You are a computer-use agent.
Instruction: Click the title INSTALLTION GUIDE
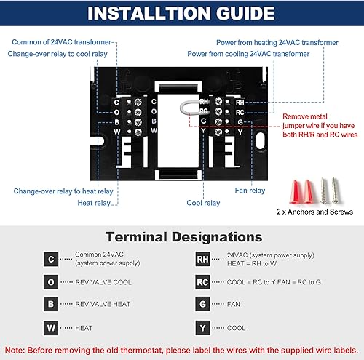(x=182, y=14)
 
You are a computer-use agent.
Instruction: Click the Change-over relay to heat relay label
(x=64, y=191)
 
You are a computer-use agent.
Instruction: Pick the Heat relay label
(x=95, y=204)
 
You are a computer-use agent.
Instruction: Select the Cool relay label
(x=203, y=203)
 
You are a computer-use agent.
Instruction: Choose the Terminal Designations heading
(x=183, y=237)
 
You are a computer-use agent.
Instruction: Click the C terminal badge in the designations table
(x=50, y=258)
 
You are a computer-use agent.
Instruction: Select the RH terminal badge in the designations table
(x=205, y=258)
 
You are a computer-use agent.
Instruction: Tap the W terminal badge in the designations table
(x=50, y=328)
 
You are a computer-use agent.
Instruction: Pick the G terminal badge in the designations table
(x=205, y=305)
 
